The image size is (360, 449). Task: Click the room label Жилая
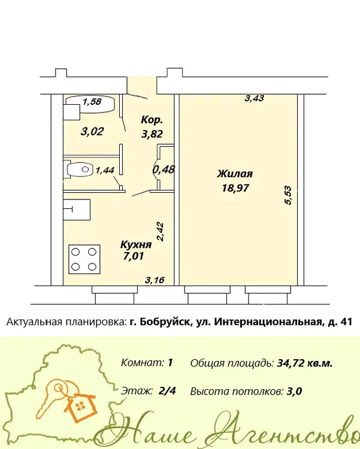pyautogui.click(x=235, y=174)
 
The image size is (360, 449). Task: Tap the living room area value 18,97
pyautogui.click(x=235, y=188)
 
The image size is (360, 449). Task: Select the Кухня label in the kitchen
pyautogui.click(x=135, y=244)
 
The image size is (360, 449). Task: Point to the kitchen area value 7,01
pyautogui.click(x=134, y=256)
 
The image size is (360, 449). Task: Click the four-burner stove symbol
pyautogui.click(x=84, y=259)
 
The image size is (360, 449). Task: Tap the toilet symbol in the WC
pyautogui.click(x=80, y=169)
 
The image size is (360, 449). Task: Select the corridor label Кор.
pyautogui.click(x=152, y=120)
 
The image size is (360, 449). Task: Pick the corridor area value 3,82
pyautogui.click(x=152, y=134)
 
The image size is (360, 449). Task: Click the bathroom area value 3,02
pyautogui.click(x=92, y=132)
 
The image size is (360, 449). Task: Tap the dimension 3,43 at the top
pyautogui.click(x=254, y=99)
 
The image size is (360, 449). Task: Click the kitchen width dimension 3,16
pyautogui.click(x=155, y=280)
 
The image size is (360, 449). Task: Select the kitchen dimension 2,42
pyautogui.click(x=160, y=232)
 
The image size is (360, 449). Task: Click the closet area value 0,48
pyautogui.click(x=164, y=169)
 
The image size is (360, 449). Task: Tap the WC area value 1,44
pyautogui.click(x=105, y=171)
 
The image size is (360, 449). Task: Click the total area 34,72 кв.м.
pyautogui.click(x=305, y=363)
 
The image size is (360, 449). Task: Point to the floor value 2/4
pyautogui.click(x=167, y=390)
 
